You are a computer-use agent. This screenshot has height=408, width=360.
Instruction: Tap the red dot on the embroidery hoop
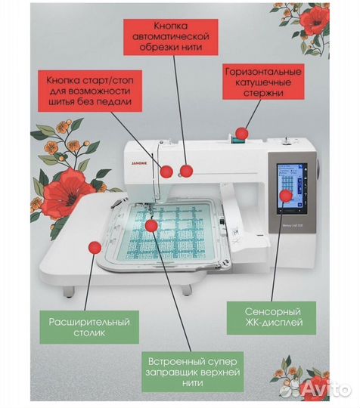[151, 224]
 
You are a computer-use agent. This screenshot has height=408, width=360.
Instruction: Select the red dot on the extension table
[95, 246]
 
